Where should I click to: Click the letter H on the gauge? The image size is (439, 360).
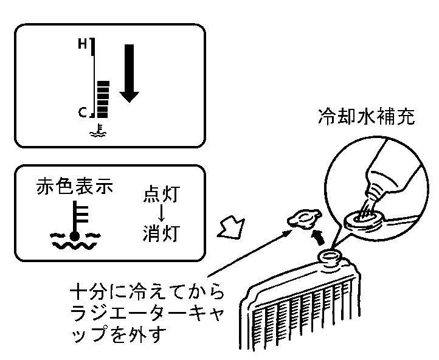click(82, 44)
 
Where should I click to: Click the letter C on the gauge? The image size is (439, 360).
click(82, 112)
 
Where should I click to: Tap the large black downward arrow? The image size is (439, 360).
click(129, 74)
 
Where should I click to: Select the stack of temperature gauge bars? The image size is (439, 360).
click(103, 99)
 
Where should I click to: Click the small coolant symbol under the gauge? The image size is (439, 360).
click(98, 131)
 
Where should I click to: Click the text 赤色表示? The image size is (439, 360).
click(74, 186)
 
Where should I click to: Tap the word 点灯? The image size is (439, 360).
click(161, 193)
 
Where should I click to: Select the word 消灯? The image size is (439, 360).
click(161, 233)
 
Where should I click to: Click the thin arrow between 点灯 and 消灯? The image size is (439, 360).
click(161, 213)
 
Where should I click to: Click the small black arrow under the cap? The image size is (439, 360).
click(319, 237)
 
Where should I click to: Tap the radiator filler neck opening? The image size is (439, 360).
click(330, 256)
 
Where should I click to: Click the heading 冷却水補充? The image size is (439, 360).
click(367, 116)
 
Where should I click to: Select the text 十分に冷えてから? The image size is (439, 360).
click(147, 292)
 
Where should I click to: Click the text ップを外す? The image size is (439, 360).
click(117, 334)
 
